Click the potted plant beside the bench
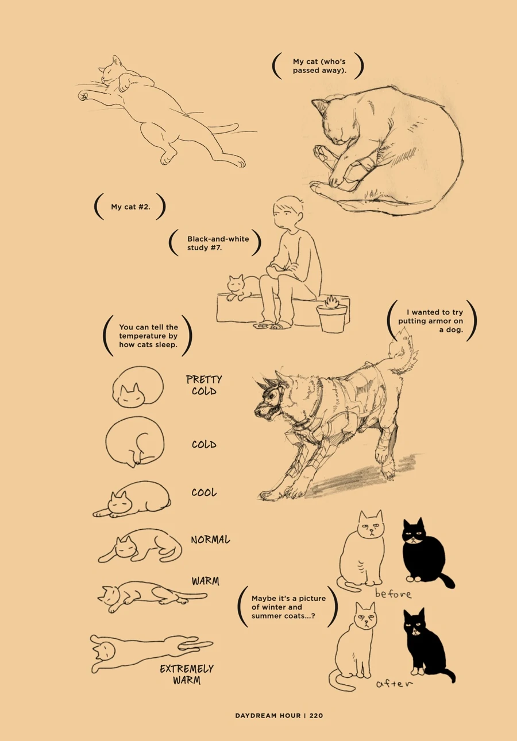click(331, 315)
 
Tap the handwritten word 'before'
click(393, 594)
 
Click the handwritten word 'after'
click(395, 683)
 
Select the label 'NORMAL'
click(210, 540)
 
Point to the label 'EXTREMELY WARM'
click(187, 674)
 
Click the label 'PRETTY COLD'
click(204, 385)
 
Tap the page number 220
click(316, 716)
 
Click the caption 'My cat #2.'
click(130, 207)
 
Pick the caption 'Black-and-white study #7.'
click(218, 243)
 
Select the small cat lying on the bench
click(243, 287)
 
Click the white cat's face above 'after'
click(365, 619)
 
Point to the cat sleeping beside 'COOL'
click(132, 499)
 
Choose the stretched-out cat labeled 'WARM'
click(152, 596)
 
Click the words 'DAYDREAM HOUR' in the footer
click(268, 716)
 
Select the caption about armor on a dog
click(431, 321)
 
